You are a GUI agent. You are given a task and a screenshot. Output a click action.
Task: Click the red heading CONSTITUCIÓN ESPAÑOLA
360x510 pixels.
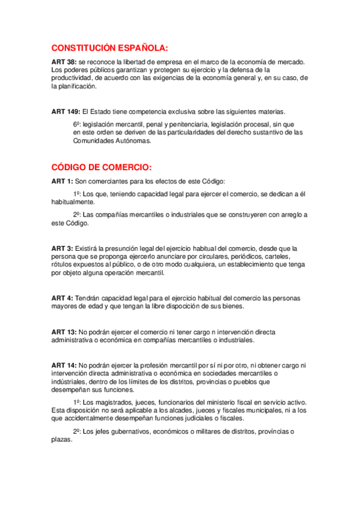110,48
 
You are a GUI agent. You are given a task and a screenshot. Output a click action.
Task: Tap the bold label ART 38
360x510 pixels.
64,62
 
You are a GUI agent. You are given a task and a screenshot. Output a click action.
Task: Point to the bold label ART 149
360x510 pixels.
66,111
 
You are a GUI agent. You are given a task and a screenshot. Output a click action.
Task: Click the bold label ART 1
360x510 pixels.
62,181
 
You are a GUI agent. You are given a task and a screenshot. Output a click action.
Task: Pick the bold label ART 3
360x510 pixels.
62,248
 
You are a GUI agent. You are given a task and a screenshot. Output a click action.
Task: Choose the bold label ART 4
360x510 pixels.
62,298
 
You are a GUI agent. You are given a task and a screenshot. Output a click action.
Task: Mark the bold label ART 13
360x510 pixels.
64,331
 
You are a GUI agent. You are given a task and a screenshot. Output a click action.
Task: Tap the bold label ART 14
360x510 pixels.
64,364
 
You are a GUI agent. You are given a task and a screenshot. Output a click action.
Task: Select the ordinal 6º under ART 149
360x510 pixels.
76,124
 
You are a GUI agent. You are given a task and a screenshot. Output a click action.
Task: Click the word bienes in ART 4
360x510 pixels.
233,306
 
